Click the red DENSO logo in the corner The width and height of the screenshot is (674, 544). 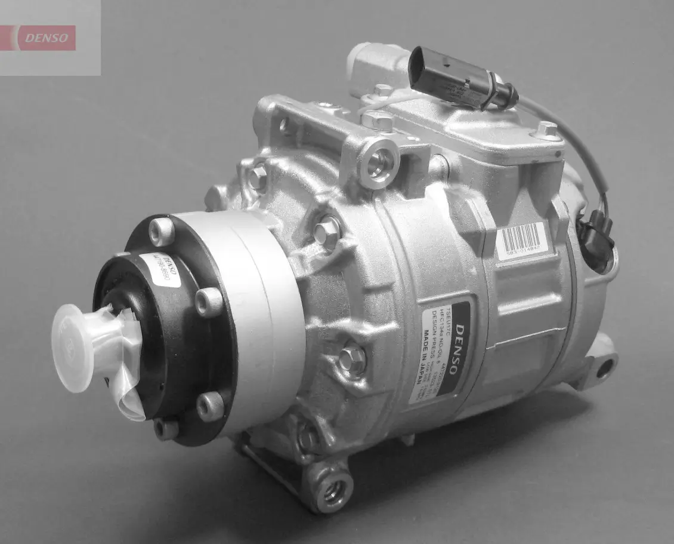point(50,38)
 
